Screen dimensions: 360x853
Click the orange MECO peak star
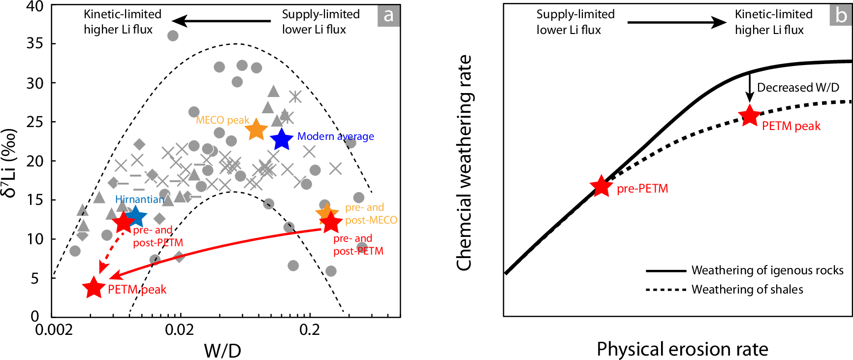coord(256,130)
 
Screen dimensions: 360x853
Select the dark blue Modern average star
coord(282,139)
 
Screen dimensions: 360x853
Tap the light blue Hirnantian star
coord(136,216)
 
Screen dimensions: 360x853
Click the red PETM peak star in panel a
coord(94,288)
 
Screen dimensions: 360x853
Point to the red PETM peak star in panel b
coord(750,116)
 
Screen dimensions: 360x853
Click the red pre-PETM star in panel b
coord(601,187)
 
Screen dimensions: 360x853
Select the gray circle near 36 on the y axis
coord(173,35)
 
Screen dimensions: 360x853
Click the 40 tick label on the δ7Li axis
coord(34,7)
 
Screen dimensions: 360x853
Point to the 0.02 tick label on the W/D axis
coord(179,329)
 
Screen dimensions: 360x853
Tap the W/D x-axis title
coord(222,351)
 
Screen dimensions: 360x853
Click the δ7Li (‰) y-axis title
coord(10,163)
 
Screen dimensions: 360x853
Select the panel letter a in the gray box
coord(388,15)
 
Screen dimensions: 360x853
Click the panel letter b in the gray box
coord(841,15)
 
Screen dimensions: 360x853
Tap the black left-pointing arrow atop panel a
coord(221,21)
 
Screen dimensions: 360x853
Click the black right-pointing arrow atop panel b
coord(677,22)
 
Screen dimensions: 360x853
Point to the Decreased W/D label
coord(797,88)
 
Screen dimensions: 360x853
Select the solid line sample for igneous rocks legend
coord(665,270)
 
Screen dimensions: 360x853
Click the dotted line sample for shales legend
coord(665,290)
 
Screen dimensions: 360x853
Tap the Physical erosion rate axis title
coord(682,349)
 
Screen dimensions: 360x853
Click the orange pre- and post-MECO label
coord(371,214)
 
